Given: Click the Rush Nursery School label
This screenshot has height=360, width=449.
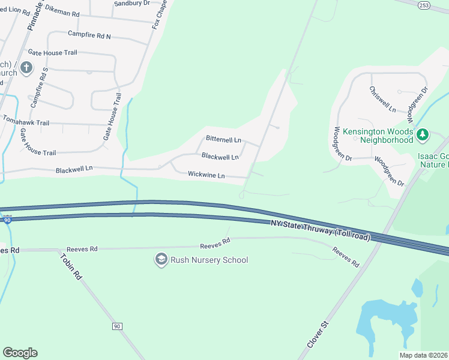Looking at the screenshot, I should [x=209, y=260].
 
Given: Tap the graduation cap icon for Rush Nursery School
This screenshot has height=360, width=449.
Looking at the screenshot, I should [x=161, y=260].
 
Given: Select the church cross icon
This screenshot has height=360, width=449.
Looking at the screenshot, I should [x=26, y=67].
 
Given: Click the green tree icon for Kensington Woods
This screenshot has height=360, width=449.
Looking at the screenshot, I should [x=423, y=135].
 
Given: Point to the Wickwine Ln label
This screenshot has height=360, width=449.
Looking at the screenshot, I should [x=206, y=175].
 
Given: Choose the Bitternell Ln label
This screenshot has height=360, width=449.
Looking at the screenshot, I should [x=223, y=139].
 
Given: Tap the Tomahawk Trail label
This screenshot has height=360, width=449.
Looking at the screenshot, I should [x=26, y=122].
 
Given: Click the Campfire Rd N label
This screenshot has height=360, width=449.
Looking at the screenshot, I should [x=89, y=35].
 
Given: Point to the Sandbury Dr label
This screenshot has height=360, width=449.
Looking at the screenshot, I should [x=131, y=3].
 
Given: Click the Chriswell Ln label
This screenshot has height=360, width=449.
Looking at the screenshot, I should [x=383, y=100].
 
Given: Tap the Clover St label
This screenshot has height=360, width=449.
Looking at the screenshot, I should [x=319, y=334].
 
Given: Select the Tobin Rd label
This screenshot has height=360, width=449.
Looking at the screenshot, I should [x=70, y=267].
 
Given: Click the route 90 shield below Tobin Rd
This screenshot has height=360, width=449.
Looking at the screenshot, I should [x=117, y=326].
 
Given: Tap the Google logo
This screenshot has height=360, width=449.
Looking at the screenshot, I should [x=20, y=353].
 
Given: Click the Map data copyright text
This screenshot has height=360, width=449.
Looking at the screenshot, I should [x=423, y=355].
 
